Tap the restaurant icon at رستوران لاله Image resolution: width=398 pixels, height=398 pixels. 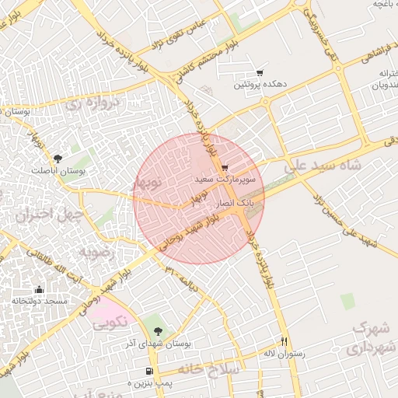pyautogui.click(x=285, y=342)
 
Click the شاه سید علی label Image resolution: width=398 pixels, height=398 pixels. pyautogui.click(x=323, y=166)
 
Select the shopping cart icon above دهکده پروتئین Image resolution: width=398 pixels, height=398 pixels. pyautogui.click(x=260, y=72)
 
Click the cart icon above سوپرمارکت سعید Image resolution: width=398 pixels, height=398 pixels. pyautogui.click(x=224, y=168)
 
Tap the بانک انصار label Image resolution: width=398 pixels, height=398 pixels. pyautogui.click(x=239, y=200)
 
